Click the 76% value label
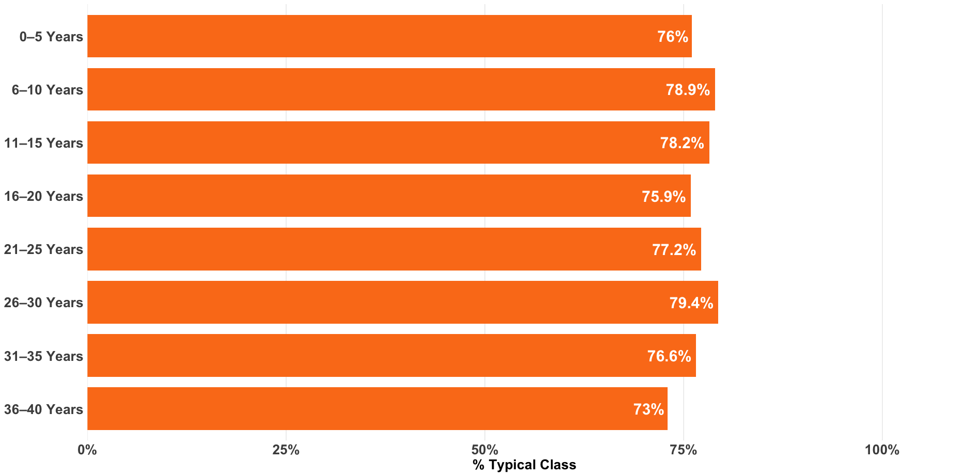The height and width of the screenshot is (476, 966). coord(672,37)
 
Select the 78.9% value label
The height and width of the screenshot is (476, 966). coord(688,90)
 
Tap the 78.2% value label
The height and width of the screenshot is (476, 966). coord(682,143)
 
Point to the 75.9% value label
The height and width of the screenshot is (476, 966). coord(663,197)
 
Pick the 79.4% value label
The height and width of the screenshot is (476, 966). coord(691,303)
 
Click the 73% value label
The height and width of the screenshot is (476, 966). coord(648,409)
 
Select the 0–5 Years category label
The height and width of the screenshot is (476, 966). coord(51,37)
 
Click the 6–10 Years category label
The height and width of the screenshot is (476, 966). coord(47,90)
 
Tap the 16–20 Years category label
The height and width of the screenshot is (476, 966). coord(43,196)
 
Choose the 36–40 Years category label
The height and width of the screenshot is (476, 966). coord(43,409)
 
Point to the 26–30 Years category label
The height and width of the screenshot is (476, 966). coord(43,303)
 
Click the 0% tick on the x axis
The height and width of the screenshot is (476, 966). coord(87,450)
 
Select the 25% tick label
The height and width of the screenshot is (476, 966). coord(286,450)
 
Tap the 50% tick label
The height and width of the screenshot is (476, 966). coord(485,450)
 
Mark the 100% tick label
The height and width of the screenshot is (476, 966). coord(882,450)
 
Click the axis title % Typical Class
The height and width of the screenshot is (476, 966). coord(524,465)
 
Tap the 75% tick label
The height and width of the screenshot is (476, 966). coord(684,450)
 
